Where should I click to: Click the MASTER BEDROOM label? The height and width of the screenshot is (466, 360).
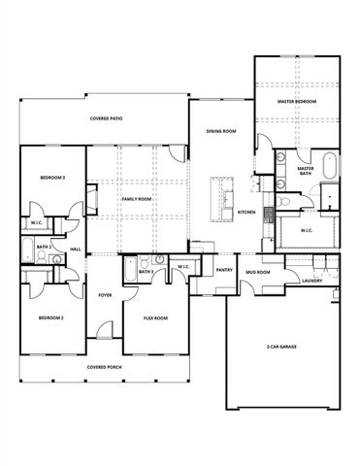pyautogui.click(x=299, y=100)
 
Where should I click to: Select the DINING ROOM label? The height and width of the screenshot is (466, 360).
pyautogui.click(x=222, y=132)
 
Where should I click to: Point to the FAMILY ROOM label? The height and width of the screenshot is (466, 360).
pyautogui.click(x=136, y=198)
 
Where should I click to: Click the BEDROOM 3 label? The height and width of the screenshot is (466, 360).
pyautogui.click(x=52, y=178)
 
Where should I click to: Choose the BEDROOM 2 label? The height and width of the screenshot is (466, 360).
pyautogui.click(x=50, y=317)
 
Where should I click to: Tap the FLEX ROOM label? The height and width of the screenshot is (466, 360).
pyautogui.click(x=155, y=317)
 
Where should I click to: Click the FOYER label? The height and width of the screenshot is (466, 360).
pyautogui.click(x=105, y=296)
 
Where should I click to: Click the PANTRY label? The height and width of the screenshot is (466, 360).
pyautogui.click(x=223, y=271)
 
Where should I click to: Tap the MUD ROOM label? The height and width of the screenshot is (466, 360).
pyautogui.click(x=257, y=273)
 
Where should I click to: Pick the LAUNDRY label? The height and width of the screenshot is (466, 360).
pyautogui.click(x=311, y=281)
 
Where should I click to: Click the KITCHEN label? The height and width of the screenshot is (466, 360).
pyautogui.click(x=246, y=212)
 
